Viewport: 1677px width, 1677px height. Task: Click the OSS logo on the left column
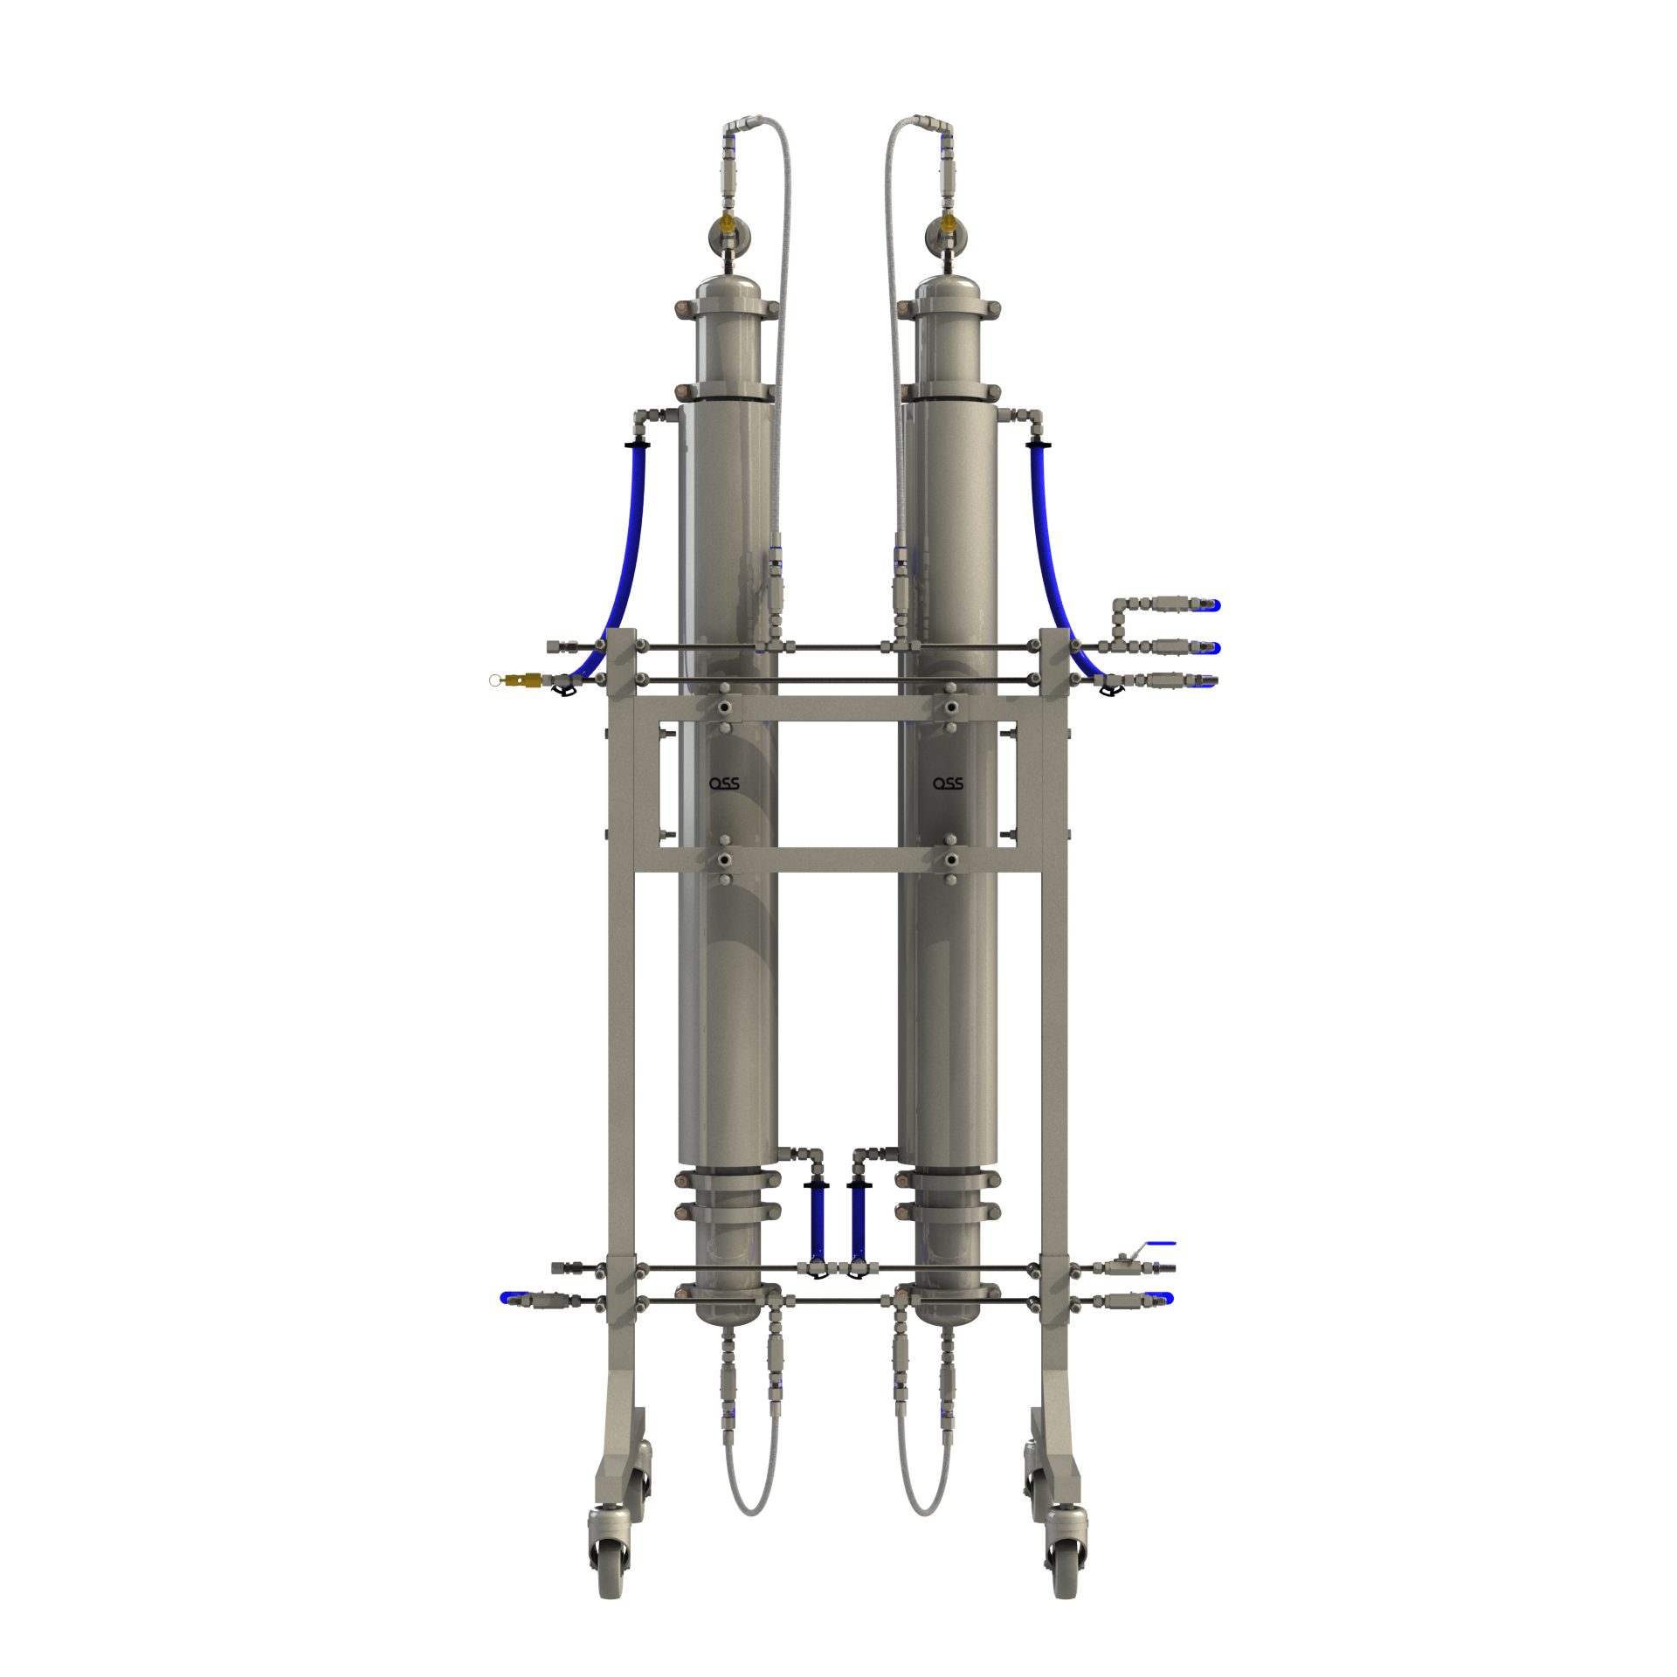724,783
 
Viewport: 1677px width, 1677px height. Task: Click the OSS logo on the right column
948,783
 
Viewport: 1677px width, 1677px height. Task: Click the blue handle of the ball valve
1161,1243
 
